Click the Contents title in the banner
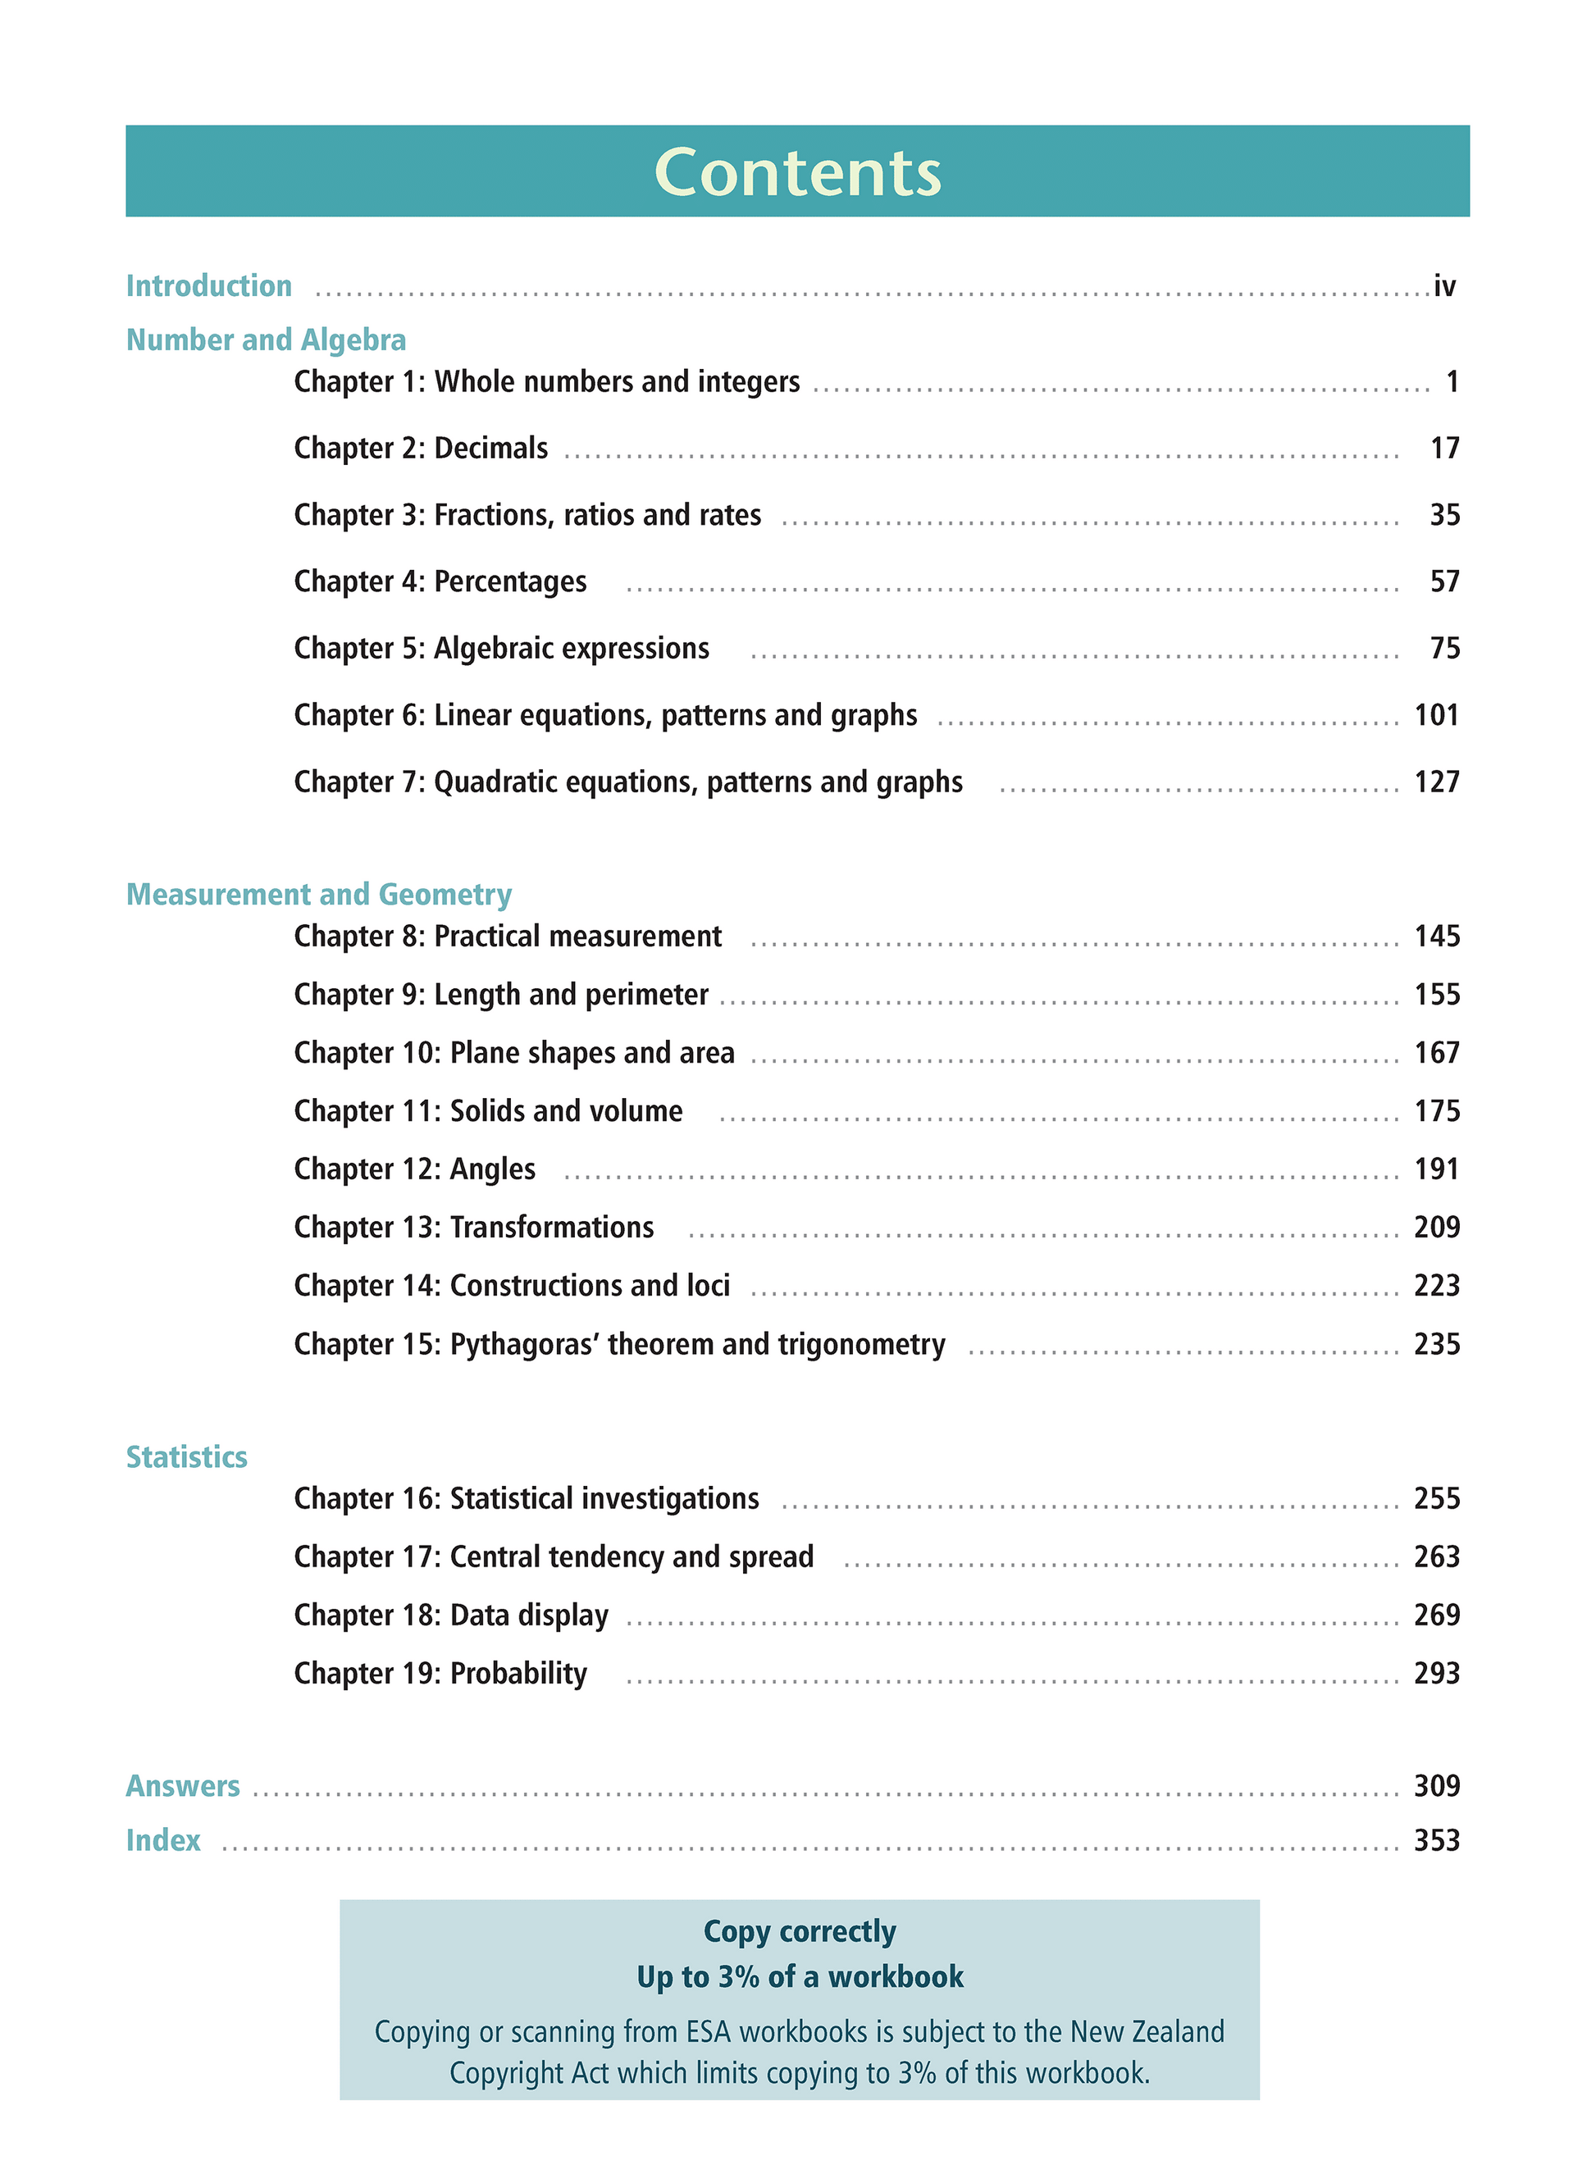(797, 173)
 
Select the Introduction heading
(208, 286)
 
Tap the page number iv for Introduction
(1443, 286)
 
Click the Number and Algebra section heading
(266, 340)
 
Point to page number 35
(1444, 515)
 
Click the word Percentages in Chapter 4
(510, 581)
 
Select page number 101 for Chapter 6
(1437, 715)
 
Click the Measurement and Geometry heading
(319, 895)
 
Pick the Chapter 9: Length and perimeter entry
(500, 994)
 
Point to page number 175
(1437, 1111)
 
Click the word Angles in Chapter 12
(493, 1169)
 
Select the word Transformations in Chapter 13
(552, 1227)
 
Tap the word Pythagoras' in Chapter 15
(522, 1343)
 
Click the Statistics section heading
(186, 1456)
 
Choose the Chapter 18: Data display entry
(451, 1615)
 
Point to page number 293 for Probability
(1437, 1673)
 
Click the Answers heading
(183, 1786)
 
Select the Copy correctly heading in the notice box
(799, 1932)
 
